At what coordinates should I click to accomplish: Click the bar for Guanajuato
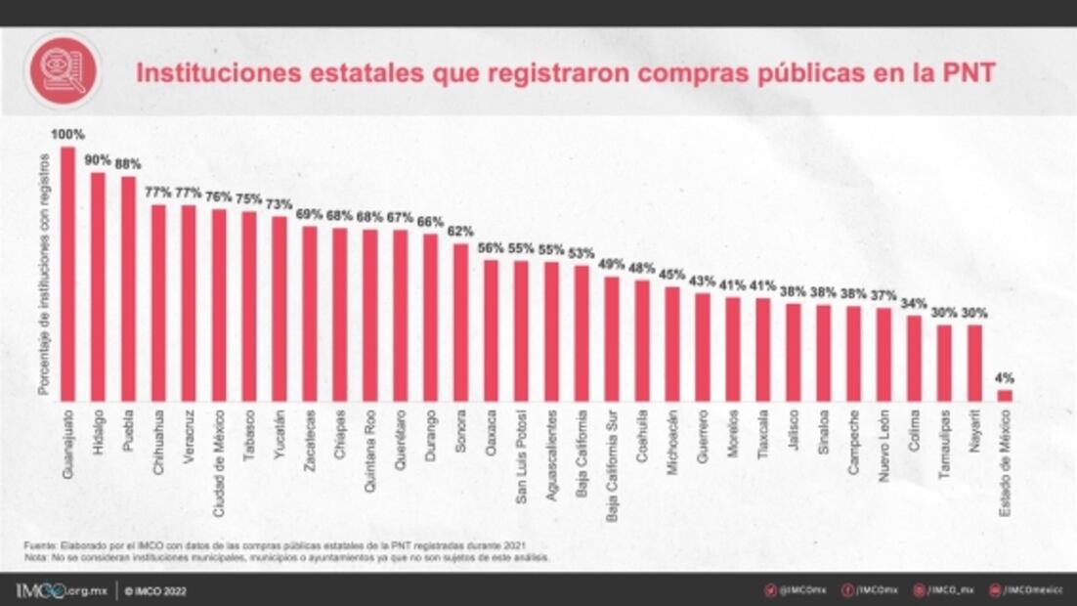click(67, 274)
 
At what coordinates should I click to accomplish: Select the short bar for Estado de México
click(1004, 395)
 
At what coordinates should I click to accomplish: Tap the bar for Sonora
click(460, 322)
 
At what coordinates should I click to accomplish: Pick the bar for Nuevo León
click(883, 354)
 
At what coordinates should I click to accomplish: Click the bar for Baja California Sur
click(612, 338)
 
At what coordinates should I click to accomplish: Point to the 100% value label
click(67, 134)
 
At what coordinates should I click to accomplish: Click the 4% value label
click(1005, 377)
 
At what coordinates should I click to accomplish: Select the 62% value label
click(460, 232)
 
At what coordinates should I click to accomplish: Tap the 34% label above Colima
click(914, 303)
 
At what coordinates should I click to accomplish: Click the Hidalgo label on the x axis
click(99, 429)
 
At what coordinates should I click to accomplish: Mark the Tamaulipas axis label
click(944, 439)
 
